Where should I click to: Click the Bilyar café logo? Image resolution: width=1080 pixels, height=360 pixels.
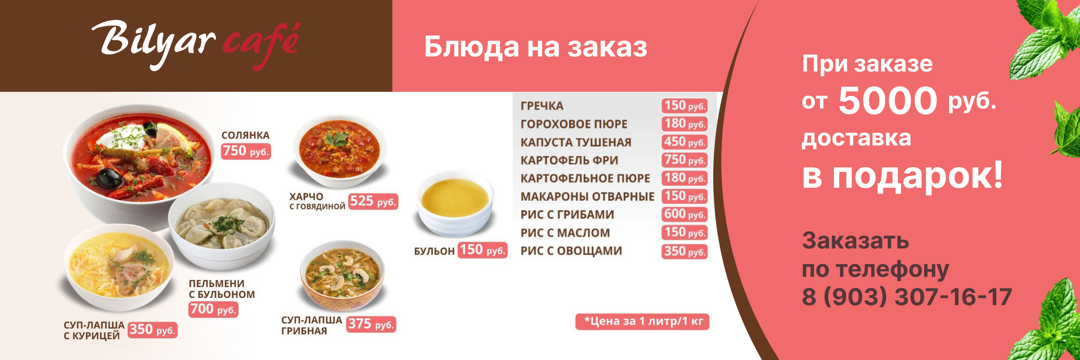(196, 44)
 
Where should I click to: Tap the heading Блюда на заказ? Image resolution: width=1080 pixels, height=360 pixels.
(535, 47)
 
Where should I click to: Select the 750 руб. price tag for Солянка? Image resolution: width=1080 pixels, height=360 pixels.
(246, 151)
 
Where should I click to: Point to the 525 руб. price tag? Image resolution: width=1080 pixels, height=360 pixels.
(373, 201)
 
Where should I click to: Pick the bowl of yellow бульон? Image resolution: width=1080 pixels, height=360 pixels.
(454, 203)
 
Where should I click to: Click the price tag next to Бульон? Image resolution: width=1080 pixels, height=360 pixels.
(483, 250)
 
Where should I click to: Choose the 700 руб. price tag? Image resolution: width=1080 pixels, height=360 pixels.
(213, 309)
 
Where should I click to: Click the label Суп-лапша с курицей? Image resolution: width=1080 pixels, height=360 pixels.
(94, 330)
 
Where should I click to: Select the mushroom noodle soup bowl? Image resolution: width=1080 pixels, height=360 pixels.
(342, 275)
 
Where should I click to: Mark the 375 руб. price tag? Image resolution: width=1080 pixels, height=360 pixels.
(371, 324)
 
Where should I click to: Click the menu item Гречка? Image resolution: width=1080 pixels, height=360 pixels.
(542, 106)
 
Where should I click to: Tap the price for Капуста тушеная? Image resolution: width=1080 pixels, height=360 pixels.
(684, 142)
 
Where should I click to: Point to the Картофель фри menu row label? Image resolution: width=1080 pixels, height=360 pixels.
(569, 160)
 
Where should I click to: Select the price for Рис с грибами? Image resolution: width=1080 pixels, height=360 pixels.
(684, 214)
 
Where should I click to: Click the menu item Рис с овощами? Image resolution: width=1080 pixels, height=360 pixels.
(571, 251)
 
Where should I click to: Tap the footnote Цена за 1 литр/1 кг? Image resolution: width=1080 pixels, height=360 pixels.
(642, 321)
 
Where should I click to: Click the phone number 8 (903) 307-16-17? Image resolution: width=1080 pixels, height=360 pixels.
(907, 297)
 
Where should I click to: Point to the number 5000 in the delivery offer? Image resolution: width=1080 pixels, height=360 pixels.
(887, 100)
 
